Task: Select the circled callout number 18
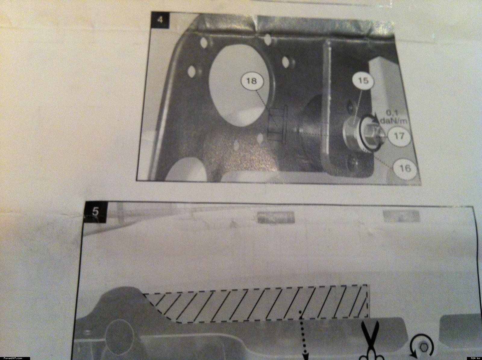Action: pos(252,81)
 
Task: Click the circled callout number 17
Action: pos(399,136)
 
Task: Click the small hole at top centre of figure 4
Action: pos(268,39)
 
